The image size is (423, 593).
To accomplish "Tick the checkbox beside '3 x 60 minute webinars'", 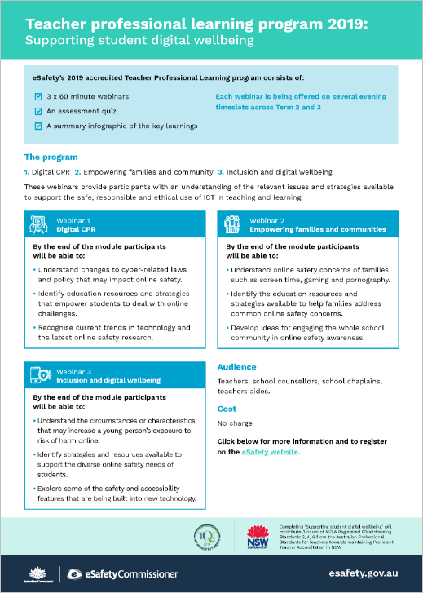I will tap(37, 96).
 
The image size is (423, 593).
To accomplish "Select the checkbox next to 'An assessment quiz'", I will tap(37, 111).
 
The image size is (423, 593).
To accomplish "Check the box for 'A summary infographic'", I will tap(37, 126).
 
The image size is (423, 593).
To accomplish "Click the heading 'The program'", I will tap(51, 157).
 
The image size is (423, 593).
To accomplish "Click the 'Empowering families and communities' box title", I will tap(305, 229).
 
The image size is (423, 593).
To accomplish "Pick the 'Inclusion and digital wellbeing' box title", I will tap(108, 380).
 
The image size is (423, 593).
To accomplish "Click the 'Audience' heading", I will tap(236, 367).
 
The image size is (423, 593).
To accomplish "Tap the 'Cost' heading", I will tap(227, 409).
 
